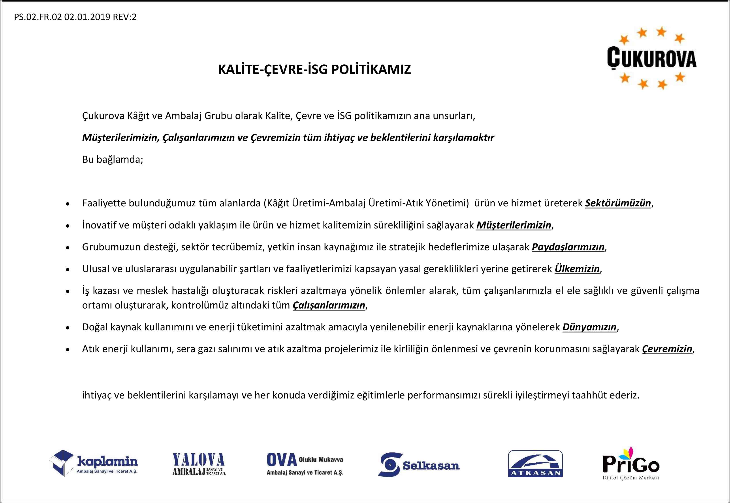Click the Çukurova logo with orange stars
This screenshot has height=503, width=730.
pyautogui.click(x=651, y=58)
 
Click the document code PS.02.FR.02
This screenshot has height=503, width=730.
pyautogui.click(x=38, y=17)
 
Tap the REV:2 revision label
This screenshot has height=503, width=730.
pyautogui.click(x=125, y=17)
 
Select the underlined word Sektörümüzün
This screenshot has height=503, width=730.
pyautogui.click(x=618, y=203)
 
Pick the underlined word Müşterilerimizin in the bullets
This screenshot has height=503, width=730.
pyautogui.click(x=514, y=225)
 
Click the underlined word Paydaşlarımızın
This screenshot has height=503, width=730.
pyautogui.click(x=568, y=247)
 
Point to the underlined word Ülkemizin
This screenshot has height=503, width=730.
pyautogui.click(x=577, y=269)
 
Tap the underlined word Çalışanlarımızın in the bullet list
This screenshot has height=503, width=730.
pyautogui.click(x=329, y=305)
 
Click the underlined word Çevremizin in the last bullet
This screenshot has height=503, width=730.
pyautogui.click(x=667, y=349)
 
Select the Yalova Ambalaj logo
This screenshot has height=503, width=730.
pyautogui.click(x=199, y=464)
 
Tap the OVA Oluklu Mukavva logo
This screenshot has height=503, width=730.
pyautogui.click(x=305, y=464)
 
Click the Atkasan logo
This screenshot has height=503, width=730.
pyautogui.click(x=535, y=463)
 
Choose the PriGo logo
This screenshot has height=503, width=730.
pyautogui.click(x=631, y=463)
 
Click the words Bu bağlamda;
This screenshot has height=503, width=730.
pyautogui.click(x=113, y=159)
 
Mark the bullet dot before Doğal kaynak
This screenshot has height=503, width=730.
pyautogui.click(x=68, y=328)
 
